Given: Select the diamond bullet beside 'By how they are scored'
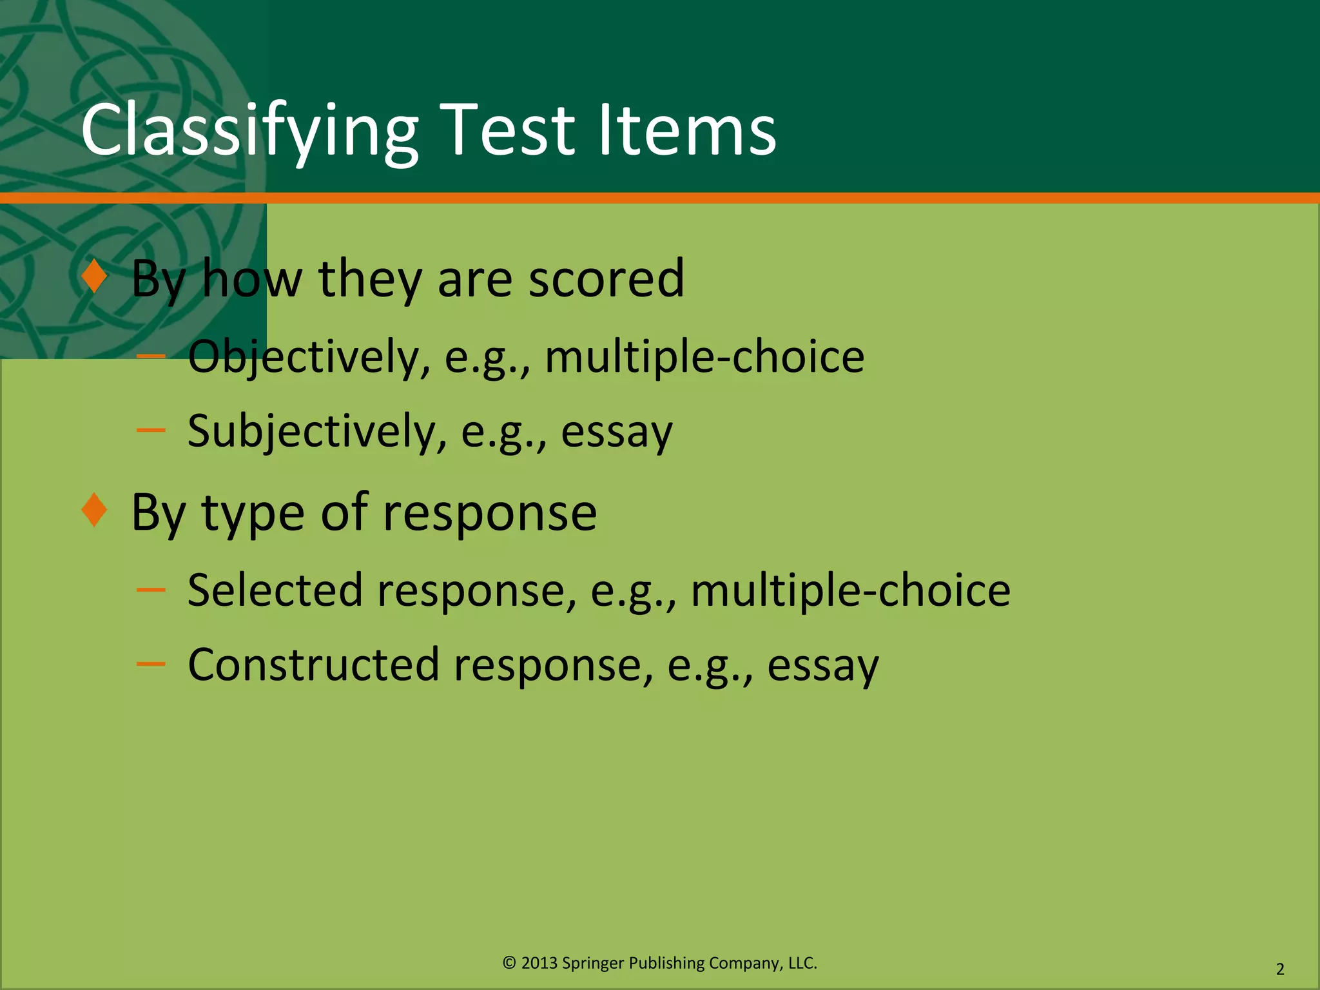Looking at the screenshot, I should (x=95, y=277).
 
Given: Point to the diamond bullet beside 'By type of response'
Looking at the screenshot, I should (x=95, y=510).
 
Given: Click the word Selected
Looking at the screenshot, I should (x=275, y=590).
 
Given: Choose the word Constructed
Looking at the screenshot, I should (x=313, y=665).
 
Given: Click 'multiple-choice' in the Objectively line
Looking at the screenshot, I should (x=704, y=357).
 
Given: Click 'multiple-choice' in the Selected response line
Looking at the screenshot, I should (x=850, y=590).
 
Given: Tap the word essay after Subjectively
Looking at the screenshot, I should (x=616, y=432).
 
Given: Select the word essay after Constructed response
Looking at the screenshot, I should (x=822, y=666).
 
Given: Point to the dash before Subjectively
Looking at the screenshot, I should (x=151, y=430).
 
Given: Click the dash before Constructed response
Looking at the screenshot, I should (x=151, y=663).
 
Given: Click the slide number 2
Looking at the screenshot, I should (x=1280, y=969).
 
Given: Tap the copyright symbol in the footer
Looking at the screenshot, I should (x=509, y=963).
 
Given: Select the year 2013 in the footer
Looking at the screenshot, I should (x=539, y=963).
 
